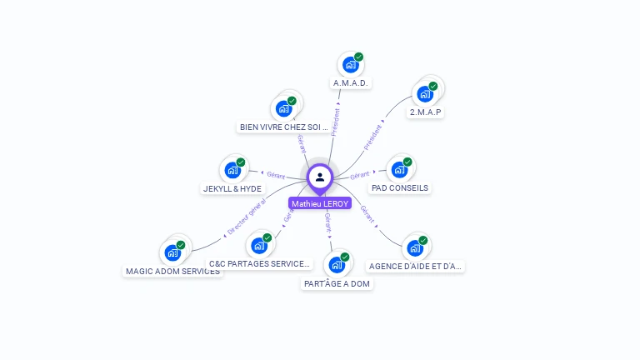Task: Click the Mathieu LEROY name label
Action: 320,203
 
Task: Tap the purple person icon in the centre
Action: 320,177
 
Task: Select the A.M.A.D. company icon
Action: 350,64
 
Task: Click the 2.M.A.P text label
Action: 425,112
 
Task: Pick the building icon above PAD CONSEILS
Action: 399,169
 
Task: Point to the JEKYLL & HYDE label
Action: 232,188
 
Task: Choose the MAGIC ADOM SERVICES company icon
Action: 172,252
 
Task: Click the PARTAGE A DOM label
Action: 337,283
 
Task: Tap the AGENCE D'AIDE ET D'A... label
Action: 415,267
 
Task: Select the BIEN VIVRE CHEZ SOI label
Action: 284,127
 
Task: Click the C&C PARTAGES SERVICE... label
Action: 259,264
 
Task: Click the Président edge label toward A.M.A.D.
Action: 336,121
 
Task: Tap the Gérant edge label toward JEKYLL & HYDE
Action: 276,176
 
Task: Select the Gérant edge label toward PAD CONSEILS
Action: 359,176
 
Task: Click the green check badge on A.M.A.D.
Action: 358,57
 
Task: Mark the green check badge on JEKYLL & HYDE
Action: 241,162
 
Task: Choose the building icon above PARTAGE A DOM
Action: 337,265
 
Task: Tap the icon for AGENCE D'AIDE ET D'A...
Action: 415,247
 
